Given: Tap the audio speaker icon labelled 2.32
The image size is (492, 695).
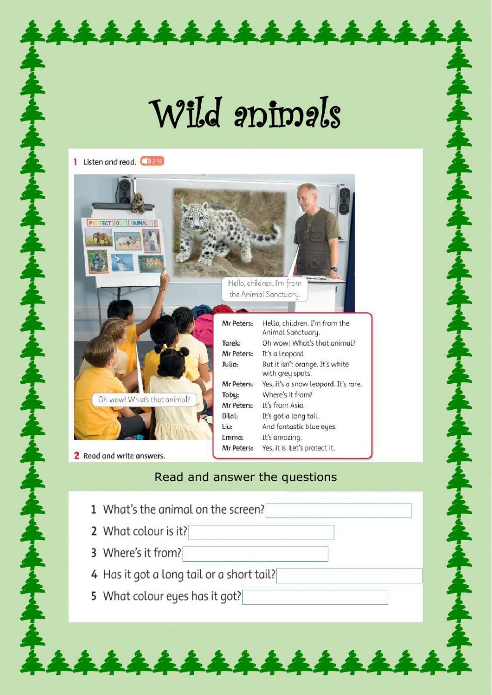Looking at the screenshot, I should [x=152, y=161].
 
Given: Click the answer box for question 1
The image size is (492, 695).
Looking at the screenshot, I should [x=338, y=511].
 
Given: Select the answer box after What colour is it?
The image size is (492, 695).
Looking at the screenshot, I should [x=261, y=532].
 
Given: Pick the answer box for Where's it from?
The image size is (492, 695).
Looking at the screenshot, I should [x=255, y=554].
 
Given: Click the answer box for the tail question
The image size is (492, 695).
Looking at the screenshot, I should [x=349, y=575].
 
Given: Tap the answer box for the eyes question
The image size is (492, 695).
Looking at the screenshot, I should [x=315, y=597].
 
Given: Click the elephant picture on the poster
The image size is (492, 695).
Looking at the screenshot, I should [x=99, y=238].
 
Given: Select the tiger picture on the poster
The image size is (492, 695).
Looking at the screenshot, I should [x=151, y=264].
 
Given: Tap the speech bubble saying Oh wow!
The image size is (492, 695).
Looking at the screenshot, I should [x=144, y=399].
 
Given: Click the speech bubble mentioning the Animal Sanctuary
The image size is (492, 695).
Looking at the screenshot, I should [x=265, y=289].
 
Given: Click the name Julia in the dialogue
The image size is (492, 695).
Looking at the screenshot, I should [x=230, y=364].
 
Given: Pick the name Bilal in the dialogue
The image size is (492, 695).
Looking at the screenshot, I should [x=230, y=416].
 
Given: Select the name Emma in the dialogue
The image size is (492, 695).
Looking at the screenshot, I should [x=232, y=437].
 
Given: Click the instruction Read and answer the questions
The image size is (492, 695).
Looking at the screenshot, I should [x=246, y=477].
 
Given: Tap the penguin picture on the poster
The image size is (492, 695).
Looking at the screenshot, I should [x=151, y=241].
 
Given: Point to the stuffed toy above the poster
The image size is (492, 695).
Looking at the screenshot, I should [x=138, y=203].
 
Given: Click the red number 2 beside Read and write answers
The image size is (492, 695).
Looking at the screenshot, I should [x=77, y=455].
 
